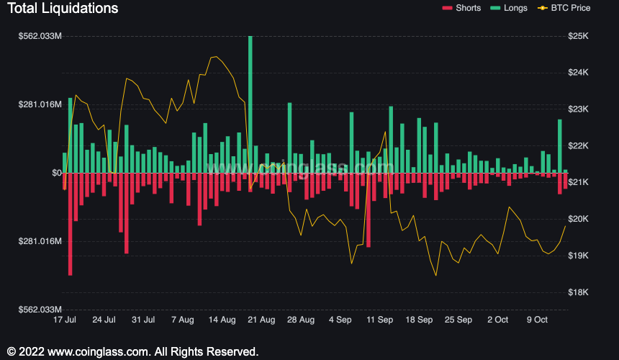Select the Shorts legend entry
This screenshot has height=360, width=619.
point(469,8)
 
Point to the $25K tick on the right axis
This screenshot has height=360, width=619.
point(579,36)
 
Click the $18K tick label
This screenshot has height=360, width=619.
point(579,292)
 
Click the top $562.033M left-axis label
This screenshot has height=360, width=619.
point(40,36)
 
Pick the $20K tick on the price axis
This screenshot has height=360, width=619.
point(579,219)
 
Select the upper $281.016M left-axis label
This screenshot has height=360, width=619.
point(40,104)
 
